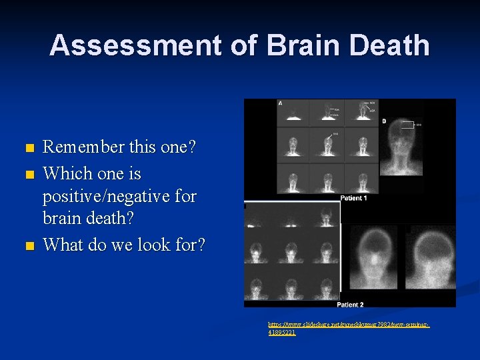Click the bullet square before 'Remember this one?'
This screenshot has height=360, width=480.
(x=27, y=148)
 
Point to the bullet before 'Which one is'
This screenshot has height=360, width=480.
(x=27, y=175)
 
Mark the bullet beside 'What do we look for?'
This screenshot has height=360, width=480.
(x=27, y=246)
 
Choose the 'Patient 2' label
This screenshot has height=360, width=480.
(x=351, y=304)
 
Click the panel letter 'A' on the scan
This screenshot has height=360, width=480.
(x=280, y=103)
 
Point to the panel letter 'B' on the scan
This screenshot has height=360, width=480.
(x=383, y=121)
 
